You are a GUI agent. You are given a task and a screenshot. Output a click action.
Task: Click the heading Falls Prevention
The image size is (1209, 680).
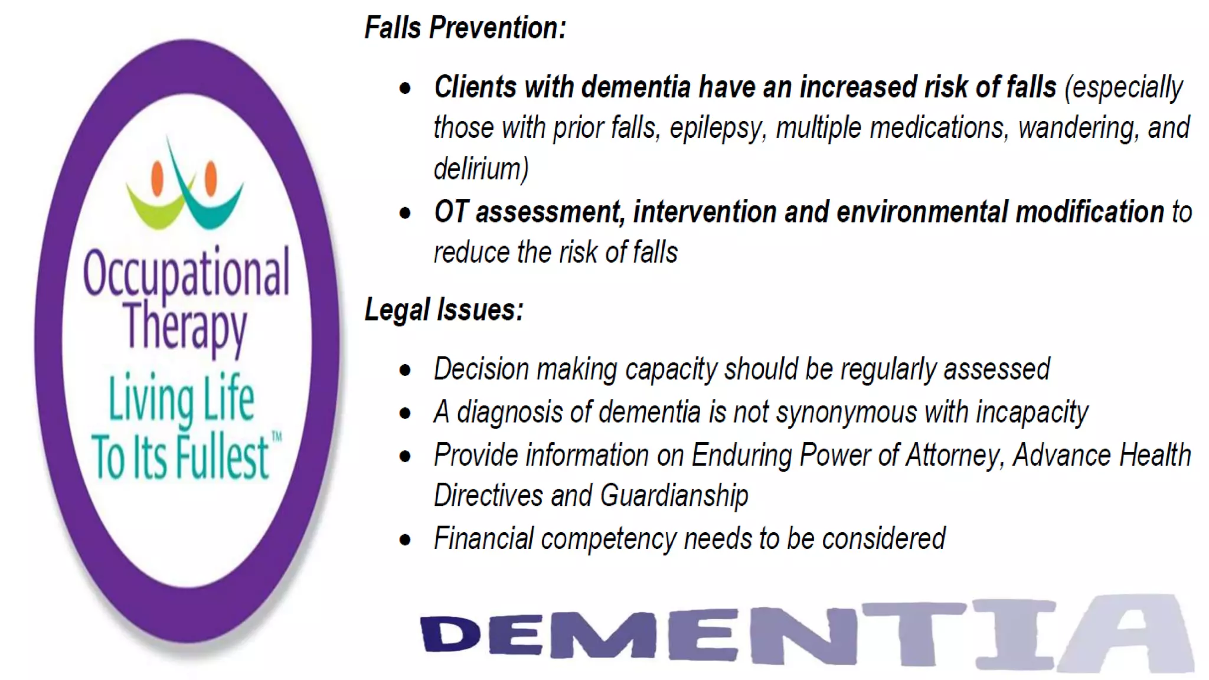[x=465, y=28]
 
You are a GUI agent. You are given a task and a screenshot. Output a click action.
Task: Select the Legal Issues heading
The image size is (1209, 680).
[x=444, y=309]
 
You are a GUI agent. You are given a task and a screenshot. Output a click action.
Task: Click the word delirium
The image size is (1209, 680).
[x=481, y=169]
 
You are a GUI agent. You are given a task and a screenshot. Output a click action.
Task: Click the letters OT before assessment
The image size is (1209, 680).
[x=452, y=212]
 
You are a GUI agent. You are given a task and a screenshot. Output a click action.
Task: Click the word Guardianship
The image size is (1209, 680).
[x=674, y=495]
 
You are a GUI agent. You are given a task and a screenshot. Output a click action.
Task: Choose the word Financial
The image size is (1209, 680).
[x=483, y=538]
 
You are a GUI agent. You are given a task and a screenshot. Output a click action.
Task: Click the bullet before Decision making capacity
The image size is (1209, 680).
[x=405, y=371]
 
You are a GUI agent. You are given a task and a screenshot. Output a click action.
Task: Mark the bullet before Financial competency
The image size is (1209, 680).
[x=405, y=540]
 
